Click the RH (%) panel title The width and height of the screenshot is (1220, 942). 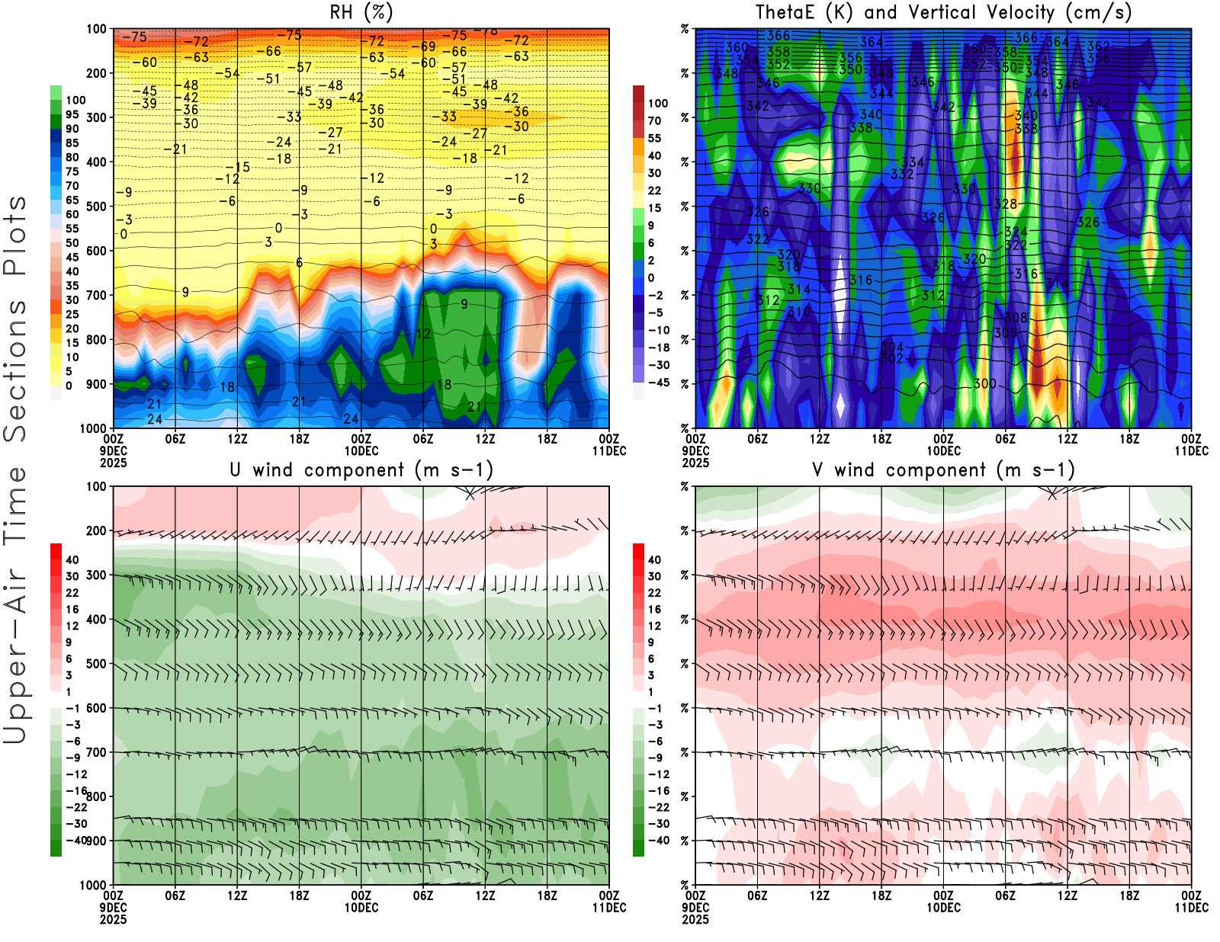361,12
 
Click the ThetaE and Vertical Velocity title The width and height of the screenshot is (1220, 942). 943,12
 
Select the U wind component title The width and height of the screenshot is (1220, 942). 361,469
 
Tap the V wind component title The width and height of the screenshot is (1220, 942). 943,469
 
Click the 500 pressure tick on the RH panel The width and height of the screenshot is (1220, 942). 96,206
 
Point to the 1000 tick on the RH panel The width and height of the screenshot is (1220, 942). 93,428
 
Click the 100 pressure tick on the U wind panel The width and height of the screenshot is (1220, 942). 96,486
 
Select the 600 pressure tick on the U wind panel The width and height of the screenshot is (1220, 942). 96,708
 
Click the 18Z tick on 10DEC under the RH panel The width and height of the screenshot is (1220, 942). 547,439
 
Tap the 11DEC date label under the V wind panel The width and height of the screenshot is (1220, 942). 1191,908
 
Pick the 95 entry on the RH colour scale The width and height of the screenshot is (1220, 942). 72,114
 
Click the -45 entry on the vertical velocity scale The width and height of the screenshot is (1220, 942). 659,383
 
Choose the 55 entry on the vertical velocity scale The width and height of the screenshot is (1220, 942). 654,138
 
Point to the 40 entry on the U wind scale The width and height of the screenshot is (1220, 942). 72,559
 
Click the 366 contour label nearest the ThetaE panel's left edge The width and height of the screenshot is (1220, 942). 779,35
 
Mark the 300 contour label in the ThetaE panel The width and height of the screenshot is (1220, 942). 984,383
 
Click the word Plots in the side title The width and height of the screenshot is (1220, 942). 15,236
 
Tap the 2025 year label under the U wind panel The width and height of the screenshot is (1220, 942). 113,919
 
